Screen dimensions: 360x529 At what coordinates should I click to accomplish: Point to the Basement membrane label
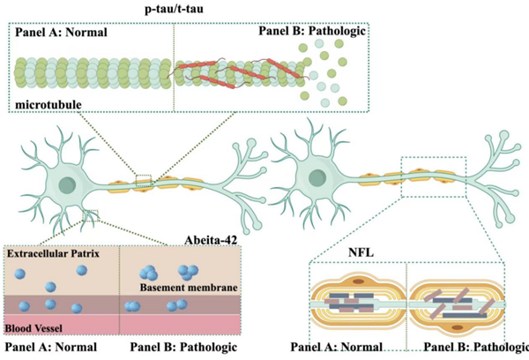click(x=181, y=289)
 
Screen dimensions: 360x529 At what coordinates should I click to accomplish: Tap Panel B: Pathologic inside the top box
click(x=309, y=33)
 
